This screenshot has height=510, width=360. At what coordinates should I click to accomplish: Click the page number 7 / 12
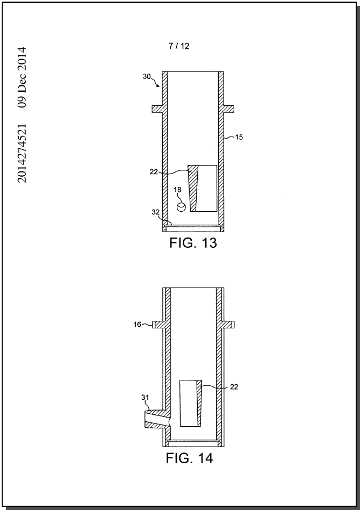[178, 46]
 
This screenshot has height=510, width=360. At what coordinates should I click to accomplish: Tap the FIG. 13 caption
[193, 243]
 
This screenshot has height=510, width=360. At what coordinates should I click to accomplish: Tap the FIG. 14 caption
[189, 458]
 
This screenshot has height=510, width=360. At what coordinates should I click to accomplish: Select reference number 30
[147, 76]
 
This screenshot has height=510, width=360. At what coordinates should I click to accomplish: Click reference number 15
[239, 137]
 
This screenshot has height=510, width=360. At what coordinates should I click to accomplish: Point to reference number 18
[177, 190]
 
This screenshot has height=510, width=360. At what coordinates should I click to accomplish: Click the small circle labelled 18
[181, 207]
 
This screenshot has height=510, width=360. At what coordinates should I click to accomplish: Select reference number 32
[156, 212]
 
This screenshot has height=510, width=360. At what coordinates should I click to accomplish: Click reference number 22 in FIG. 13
[154, 172]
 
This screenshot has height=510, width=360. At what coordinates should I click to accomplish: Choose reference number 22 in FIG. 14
[234, 387]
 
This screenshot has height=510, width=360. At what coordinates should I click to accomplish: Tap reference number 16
[137, 324]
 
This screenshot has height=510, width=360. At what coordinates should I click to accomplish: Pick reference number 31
[145, 398]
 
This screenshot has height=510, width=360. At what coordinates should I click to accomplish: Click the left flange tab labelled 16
[157, 324]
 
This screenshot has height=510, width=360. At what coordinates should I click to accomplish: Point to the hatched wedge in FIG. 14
[199, 403]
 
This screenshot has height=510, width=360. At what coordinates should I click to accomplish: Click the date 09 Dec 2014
[22, 77]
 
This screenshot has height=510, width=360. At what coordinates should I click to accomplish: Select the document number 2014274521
[22, 153]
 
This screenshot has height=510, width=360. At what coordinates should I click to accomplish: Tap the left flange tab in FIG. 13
[157, 109]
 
